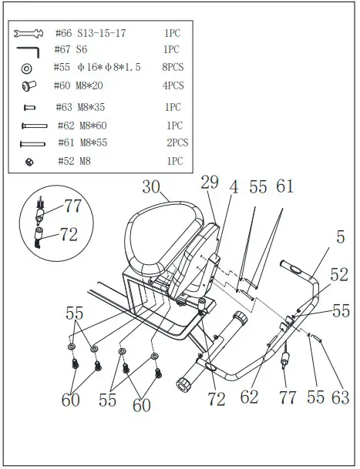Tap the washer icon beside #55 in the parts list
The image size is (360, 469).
tap(29, 68)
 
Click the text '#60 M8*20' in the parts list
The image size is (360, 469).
tap(84, 85)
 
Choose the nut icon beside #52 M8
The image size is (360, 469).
tap(29, 161)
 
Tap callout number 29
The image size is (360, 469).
tap(210, 183)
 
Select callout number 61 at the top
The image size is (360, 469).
tap(285, 186)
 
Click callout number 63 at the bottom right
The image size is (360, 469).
tap(340, 398)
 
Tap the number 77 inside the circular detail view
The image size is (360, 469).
tap(71, 206)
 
